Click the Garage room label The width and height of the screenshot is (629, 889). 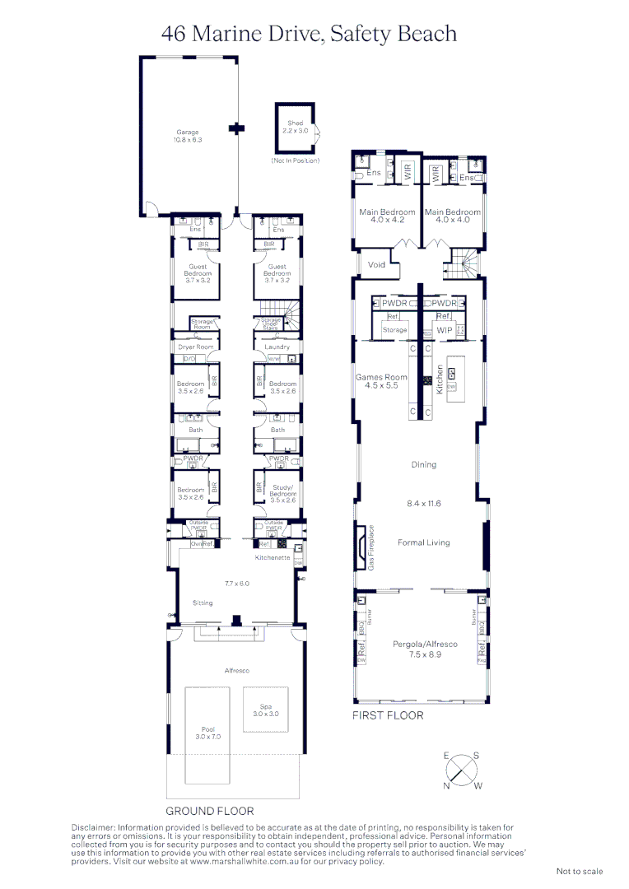click(x=187, y=133)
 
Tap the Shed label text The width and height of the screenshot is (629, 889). click(x=295, y=123)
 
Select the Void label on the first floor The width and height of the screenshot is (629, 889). click(x=376, y=265)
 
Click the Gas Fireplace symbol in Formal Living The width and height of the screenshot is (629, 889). click(x=362, y=546)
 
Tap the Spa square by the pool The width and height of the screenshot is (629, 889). click(x=266, y=710)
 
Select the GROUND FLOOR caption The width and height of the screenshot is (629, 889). click(x=210, y=811)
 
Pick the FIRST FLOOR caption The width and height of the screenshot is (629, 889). click(x=388, y=715)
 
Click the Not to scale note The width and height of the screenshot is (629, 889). click(x=580, y=871)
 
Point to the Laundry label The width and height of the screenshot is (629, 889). click(x=277, y=347)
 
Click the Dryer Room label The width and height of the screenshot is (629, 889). click(x=196, y=347)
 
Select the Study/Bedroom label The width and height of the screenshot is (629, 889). click(x=282, y=491)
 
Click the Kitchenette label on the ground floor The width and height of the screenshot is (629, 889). click(x=273, y=558)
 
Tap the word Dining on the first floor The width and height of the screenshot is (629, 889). click(x=423, y=464)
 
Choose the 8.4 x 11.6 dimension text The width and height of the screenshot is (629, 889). click(x=423, y=502)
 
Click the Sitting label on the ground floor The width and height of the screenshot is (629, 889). click(x=203, y=603)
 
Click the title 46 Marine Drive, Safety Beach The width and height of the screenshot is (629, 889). click(x=310, y=34)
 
